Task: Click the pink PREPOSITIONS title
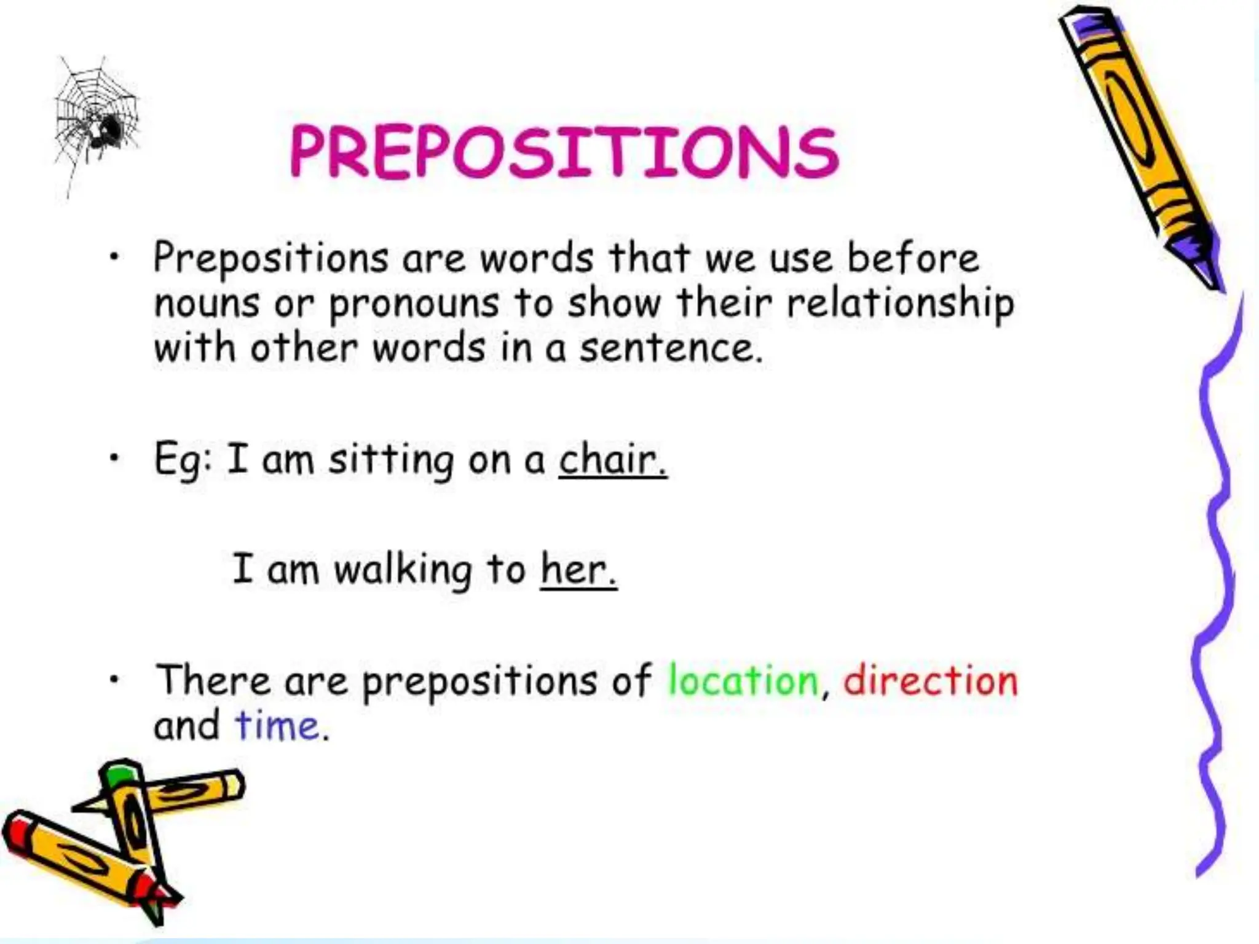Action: tap(564, 152)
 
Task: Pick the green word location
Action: tap(743, 680)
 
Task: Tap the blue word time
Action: tap(277, 726)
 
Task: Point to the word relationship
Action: tap(901, 304)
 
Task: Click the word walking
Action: tap(403, 570)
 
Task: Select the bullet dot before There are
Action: tap(113, 680)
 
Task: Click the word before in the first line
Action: tap(913, 258)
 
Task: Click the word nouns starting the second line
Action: tap(207, 304)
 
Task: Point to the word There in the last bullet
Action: tap(213, 680)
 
